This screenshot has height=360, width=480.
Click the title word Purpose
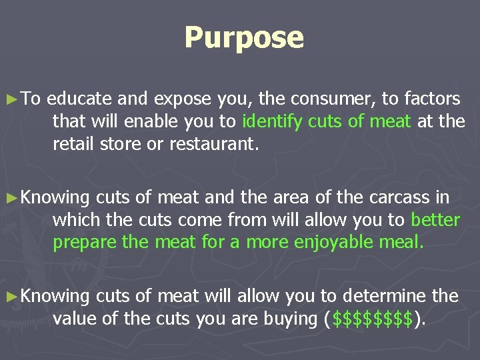pyautogui.click(x=244, y=37)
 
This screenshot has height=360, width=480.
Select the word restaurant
pyautogui.click(x=213, y=143)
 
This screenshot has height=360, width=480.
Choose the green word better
pyautogui.click(x=435, y=220)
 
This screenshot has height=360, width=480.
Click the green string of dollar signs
pyautogui.click(x=371, y=318)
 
